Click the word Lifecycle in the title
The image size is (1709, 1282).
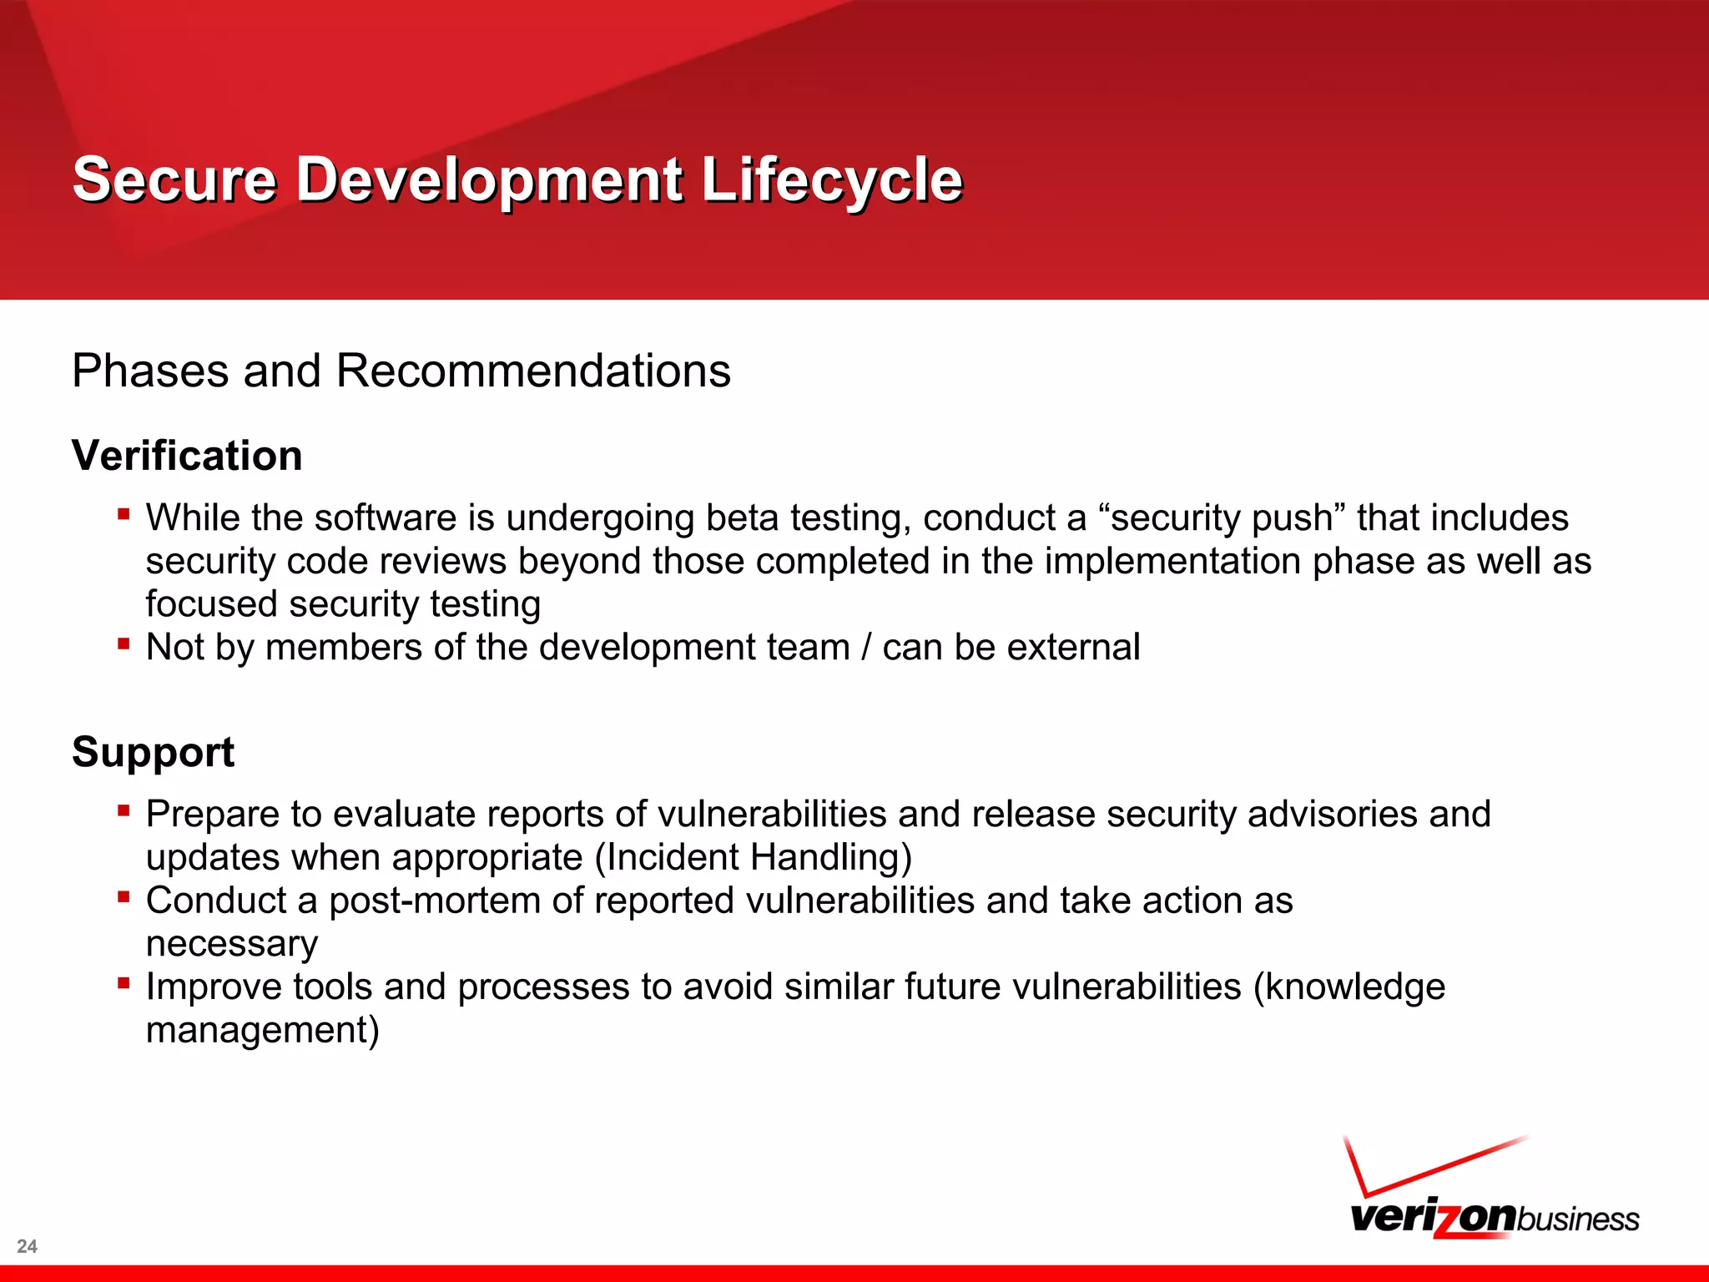tap(831, 179)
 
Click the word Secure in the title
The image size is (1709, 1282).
tap(174, 179)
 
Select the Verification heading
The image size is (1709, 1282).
tap(187, 456)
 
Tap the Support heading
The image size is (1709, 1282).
tap(153, 752)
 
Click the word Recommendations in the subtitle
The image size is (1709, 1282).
tap(532, 371)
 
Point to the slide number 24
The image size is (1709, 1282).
tap(27, 1246)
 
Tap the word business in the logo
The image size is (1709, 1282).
tap(1578, 1219)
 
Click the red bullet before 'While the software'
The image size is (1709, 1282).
tap(124, 514)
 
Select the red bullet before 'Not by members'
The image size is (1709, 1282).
tap(124, 644)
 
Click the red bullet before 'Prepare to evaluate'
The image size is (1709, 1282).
tap(124, 810)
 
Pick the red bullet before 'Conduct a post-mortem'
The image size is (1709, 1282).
tap(124, 897)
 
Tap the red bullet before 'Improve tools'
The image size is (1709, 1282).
tap(124, 983)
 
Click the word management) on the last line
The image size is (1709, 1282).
tap(262, 1031)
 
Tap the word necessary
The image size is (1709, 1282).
tap(231, 945)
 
